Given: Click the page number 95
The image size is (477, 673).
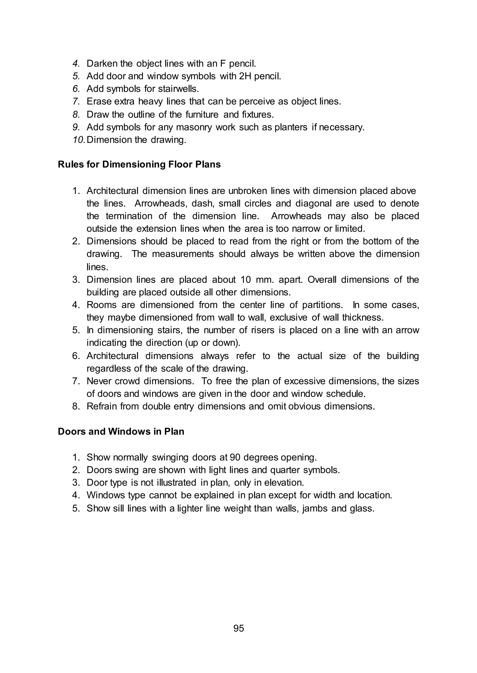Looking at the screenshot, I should pos(238,628).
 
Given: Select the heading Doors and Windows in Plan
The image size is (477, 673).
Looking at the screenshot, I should pos(121,431).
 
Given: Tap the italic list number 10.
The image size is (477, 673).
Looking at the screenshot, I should pos(78,140).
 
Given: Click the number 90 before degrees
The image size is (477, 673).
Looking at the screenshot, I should pos(235,457).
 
